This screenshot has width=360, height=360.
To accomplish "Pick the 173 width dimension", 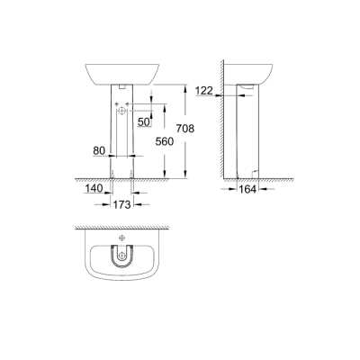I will (121, 205).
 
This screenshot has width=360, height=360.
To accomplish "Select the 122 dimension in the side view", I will (204, 90).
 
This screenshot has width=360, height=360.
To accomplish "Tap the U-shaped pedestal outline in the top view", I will (121, 262).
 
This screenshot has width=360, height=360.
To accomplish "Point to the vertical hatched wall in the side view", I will (220, 117).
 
